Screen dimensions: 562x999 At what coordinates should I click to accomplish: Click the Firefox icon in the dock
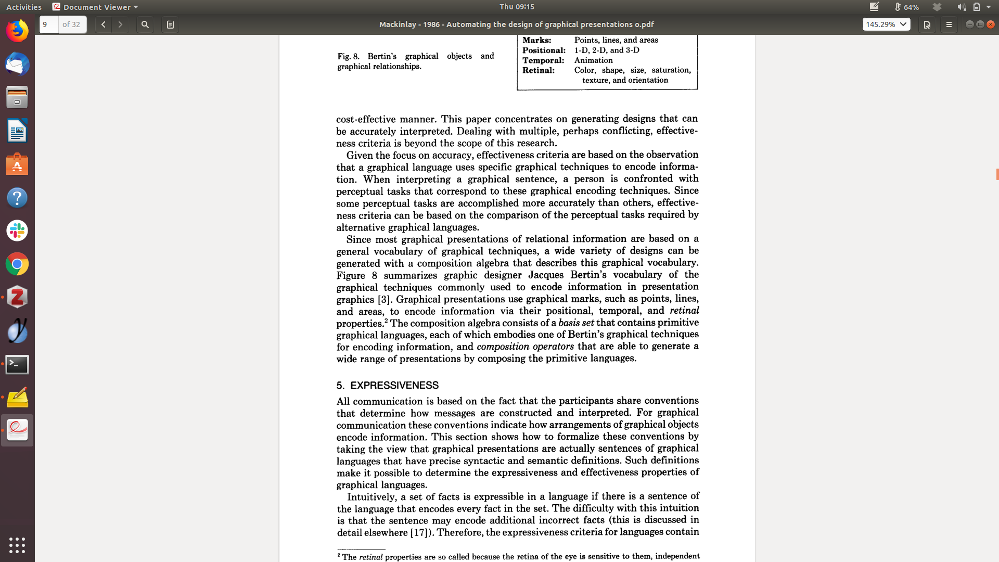17,31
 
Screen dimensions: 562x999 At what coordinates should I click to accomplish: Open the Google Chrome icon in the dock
17,264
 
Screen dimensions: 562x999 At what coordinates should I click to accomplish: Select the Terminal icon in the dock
17,364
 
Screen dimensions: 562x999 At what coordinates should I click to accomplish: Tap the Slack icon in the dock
17,231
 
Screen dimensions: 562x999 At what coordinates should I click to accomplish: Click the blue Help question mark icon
17,198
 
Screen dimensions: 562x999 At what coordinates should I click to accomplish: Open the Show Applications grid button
17,545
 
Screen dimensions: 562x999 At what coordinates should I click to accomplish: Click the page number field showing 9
49,24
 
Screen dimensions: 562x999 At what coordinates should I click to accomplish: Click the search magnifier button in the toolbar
145,24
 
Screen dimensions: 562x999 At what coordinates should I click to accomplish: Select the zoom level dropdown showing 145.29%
886,24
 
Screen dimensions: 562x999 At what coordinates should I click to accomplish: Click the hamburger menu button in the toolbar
949,24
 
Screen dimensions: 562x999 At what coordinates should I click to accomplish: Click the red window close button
991,24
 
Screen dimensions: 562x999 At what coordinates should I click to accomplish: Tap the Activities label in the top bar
24,7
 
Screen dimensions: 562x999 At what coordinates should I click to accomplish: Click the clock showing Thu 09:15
517,7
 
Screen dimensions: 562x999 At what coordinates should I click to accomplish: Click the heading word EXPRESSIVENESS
394,386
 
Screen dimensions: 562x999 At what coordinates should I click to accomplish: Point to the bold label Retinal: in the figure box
539,70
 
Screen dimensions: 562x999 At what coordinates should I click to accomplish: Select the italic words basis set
576,323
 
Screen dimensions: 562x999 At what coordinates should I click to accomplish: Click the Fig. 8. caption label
348,56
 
